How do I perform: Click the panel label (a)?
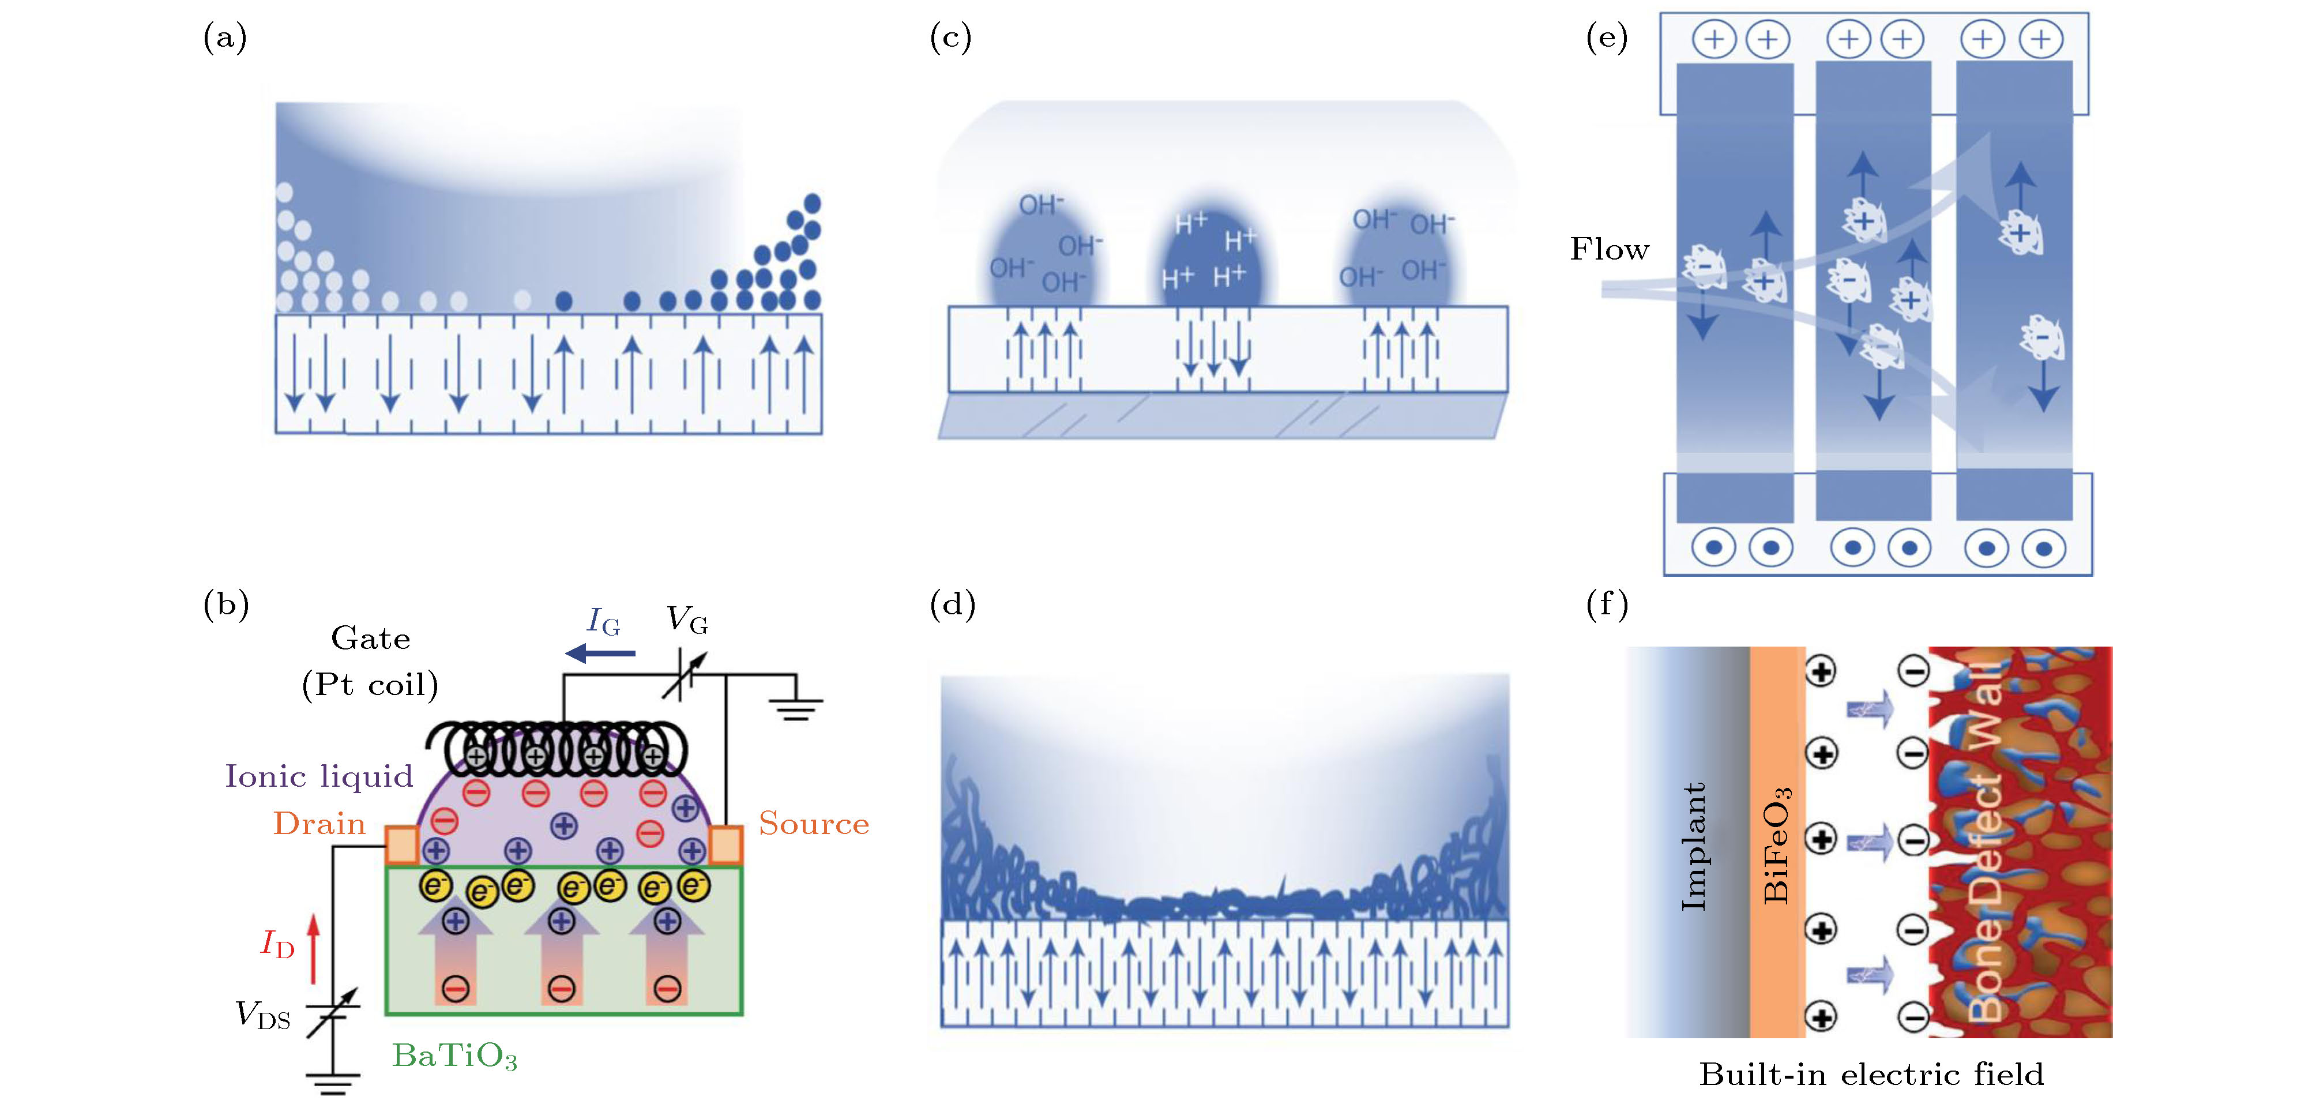click(225, 37)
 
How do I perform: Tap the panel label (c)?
click(950, 37)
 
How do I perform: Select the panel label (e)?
click(1607, 37)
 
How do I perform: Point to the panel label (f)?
click(1607, 604)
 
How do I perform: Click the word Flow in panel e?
click(1610, 249)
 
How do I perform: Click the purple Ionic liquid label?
click(318, 776)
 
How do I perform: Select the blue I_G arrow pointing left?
click(600, 654)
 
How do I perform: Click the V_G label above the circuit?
click(687, 620)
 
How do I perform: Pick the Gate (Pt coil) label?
click(370, 662)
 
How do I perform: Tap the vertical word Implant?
click(1693, 846)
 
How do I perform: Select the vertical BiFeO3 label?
click(1777, 845)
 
